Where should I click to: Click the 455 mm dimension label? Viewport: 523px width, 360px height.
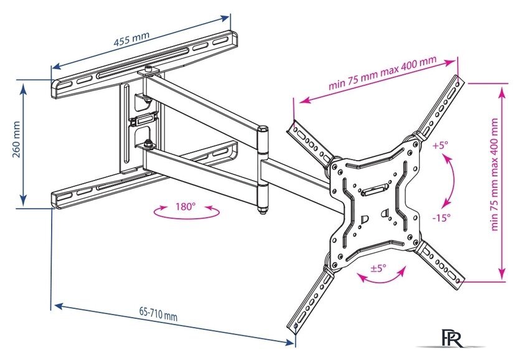coord(131,41)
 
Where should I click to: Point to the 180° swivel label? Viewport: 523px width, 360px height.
coord(186,206)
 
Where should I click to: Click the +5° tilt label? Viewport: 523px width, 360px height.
coord(440,146)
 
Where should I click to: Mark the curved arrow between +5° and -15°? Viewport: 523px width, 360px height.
coord(451,181)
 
